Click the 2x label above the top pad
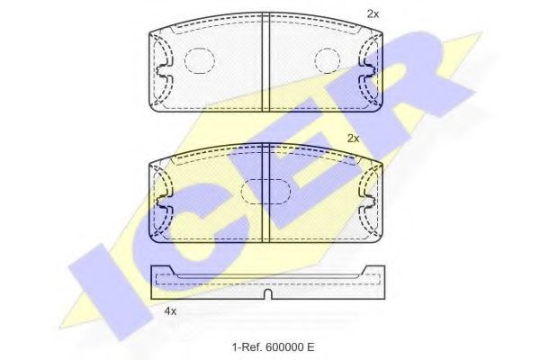[x=373, y=14]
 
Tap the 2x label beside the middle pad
[x=353, y=139]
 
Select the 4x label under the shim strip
[x=169, y=311]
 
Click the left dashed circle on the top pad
[x=199, y=59]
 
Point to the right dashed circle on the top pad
[x=328, y=59]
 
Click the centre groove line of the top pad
[x=265, y=65]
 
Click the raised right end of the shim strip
[x=377, y=271]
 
